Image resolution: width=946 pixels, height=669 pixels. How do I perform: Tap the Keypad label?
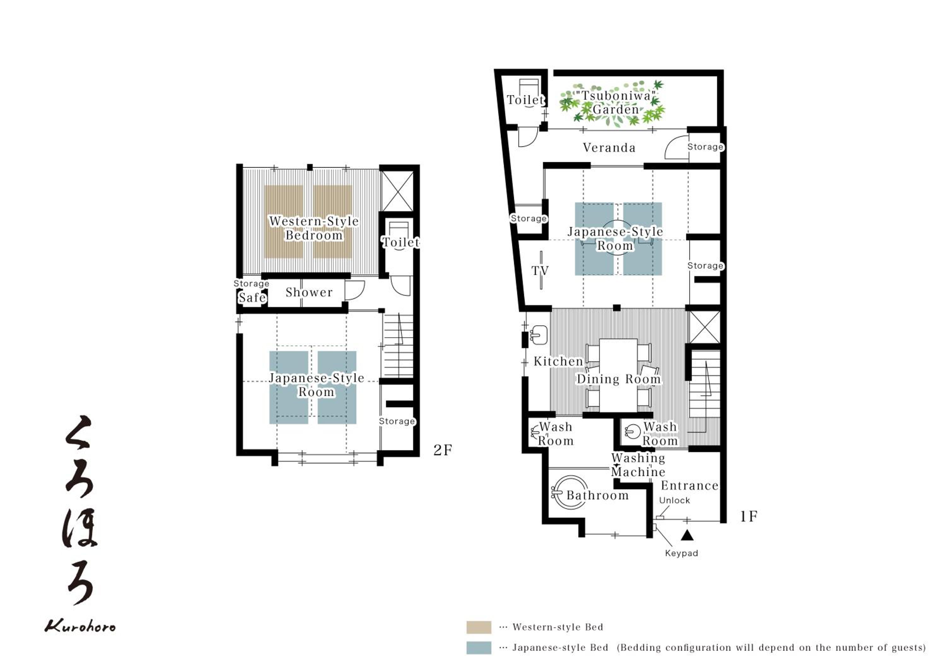coord(681,553)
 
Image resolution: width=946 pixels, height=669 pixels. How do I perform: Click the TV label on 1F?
coord(540,271)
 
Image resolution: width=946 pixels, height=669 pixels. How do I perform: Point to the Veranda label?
coord(609,148)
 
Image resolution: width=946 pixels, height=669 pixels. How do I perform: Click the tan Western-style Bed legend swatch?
coord(479,627)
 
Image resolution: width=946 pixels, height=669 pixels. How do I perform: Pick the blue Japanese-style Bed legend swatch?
coord(479,648)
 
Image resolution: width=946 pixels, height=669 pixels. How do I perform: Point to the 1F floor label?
coord(749,517)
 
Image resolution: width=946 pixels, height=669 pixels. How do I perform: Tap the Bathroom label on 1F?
coord(598,495)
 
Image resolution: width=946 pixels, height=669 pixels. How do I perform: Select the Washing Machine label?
coord(638,465)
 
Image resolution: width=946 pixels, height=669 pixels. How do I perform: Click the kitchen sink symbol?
coord(539,335)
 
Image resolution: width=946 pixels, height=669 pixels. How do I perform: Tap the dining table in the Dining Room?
coord(618,375)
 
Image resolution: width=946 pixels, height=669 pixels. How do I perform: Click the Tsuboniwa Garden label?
coord(616,102)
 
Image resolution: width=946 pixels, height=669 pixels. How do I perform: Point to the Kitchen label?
coord(558,361)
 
